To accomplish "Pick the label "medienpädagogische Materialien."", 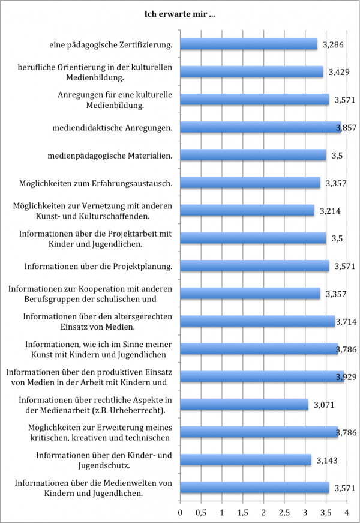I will click(110, 156).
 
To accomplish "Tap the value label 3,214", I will click(327, 211).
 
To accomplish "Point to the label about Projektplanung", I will click(98, 266).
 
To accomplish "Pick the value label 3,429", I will click(341, 72).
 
